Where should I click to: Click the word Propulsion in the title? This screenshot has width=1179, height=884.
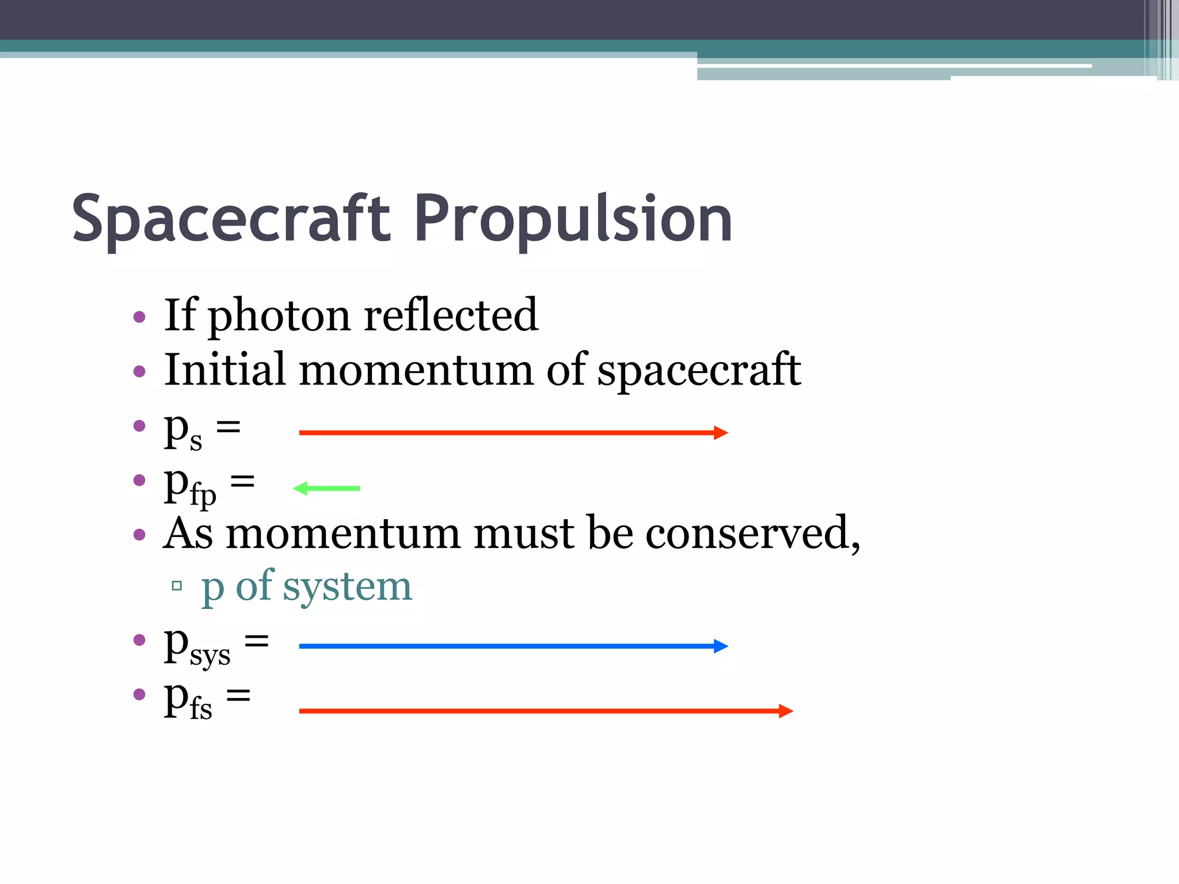pyautogui.click(x=573, y=219)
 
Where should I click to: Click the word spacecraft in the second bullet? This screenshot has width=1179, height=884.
pyautogui.click(x=699, y=370)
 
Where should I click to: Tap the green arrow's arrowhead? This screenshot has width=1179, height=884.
pyautogui.click(x=301, y=489)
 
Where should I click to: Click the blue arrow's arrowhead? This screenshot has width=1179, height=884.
pyautogui.click(x=721, y=646)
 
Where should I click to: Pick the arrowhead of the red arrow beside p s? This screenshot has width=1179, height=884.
pyautogui.click(x=721, y=433)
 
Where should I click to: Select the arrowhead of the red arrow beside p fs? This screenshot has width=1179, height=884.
pyautogui.click(x=786, y=711)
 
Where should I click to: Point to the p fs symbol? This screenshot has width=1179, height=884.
pyautogui.click(x=188, y=700)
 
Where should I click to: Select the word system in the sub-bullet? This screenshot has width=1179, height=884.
pyautogui.click(x=347, y=586)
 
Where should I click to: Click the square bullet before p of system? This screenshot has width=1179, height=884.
pyautogui.click(x=177, y=586)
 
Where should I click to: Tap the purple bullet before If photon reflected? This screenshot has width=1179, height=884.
pyautogui.click(x=139, y=317)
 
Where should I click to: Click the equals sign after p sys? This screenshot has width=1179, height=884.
pyautogui.click(x=257, y=640)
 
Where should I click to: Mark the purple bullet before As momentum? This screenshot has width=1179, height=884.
pyautogui.click(x=139, y=535)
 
